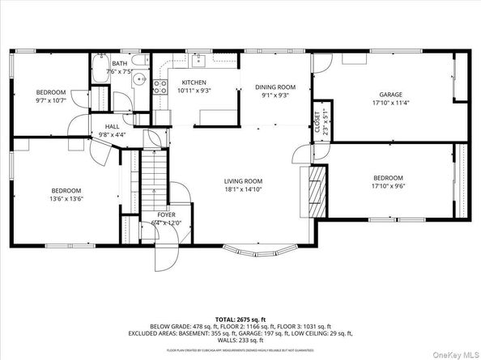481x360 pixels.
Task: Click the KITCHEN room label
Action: tap(194, 83)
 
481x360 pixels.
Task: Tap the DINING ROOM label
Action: tap(275, 87)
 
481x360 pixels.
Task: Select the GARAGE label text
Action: tap(385, 94)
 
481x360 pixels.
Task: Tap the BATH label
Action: tap(120, 63)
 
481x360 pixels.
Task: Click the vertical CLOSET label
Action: tap(317, 121)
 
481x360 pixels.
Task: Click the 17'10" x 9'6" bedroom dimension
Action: tap(388, 185)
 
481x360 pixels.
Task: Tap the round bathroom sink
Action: tap(138, 80)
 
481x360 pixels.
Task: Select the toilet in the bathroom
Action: tap(140, 61)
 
